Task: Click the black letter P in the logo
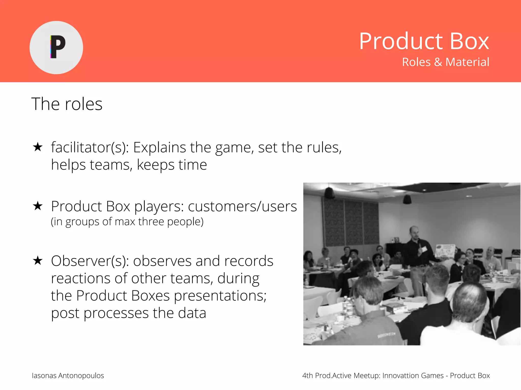[x=58, y=47]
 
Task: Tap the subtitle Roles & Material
[x=445, y=62]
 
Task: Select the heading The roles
[x=67, y=104]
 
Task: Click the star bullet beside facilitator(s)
[x=38, y=147]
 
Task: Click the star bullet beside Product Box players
[x=38, y=206]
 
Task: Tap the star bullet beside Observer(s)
[x=38, y=261]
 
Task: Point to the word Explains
[x=159, y=148]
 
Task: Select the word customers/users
[x=242, y=206]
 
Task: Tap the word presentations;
[x=220, y=296]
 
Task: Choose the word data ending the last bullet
[x=192, y=313]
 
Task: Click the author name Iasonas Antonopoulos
[x=68, y=376]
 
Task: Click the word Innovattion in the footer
[x=400, y=376]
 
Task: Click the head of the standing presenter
[x=414, y=232]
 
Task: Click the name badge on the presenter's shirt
[x=424, y=250]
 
